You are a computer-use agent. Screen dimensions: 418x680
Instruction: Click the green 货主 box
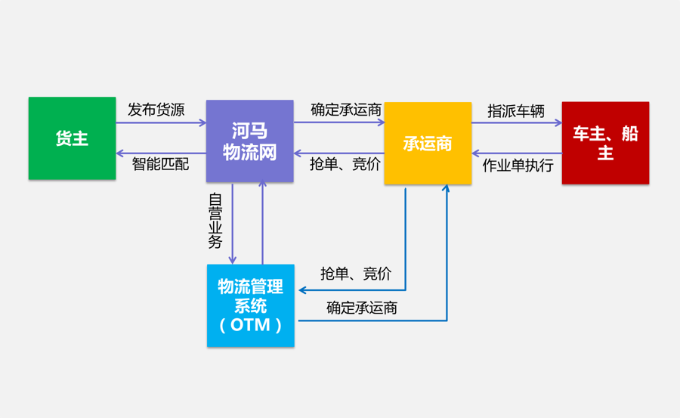[x=72, y=138]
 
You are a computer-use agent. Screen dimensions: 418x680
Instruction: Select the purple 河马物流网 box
[x=249, y=141]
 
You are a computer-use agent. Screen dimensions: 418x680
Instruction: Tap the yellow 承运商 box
[x=428, y=144]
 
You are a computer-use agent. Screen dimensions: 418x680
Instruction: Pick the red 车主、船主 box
[x=605, y=143]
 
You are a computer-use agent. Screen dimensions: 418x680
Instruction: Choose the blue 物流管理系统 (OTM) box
[x=251, y=305]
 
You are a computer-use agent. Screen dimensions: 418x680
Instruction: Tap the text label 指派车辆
[x=516, y=111]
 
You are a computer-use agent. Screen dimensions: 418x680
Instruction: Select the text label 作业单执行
[x=518, y=166]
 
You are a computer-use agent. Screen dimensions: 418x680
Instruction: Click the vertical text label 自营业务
[x=215, y=221]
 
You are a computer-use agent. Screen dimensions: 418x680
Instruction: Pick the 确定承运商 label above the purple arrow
[x=346, y=110]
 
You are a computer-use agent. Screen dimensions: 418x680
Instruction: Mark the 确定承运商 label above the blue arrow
[x=362, y=308]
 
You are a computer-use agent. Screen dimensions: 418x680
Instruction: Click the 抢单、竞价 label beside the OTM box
[x=355, y=274]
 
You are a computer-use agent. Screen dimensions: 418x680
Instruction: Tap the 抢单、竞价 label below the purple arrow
[x=345, y=164]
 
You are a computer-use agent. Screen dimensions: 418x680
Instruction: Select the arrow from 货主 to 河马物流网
[x=161, y=122]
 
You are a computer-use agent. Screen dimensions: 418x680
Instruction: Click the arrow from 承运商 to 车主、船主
[x=517, y=123]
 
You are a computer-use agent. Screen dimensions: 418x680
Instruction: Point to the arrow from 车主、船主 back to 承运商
[x=517, y=152]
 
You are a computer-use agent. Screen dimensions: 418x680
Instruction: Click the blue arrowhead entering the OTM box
[x=302, y=290]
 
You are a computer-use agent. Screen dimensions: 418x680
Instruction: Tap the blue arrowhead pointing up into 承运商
[x=447, y=189]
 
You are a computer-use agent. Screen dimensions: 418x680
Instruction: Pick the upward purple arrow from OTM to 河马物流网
[x=262, y=223]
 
